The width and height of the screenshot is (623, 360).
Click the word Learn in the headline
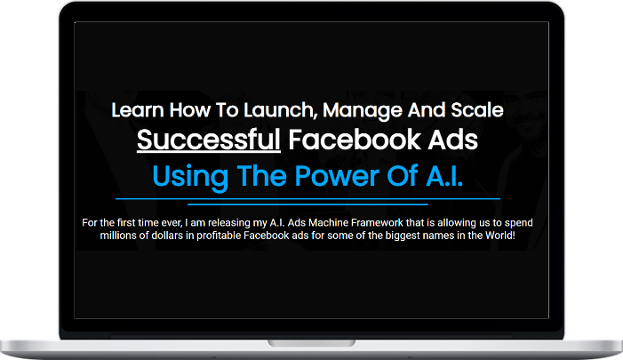[x=138, y=110]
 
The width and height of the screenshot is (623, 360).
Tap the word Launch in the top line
[x=281, y=110]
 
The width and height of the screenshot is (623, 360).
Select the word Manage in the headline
[x=363, y=111]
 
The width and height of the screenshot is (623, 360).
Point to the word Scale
[x=476, y=110]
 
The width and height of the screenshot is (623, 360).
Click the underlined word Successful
[x=209, y=140]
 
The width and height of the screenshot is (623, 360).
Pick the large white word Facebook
[x=355, y=140]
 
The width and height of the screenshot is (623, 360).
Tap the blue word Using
[x=190, y=176]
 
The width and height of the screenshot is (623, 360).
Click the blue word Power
[x=337, y=175]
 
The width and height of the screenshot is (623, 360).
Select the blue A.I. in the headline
[x=444, y=175]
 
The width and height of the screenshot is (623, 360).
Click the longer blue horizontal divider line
[x=308, y=199]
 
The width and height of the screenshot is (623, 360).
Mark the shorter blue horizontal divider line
[x=308, y=204]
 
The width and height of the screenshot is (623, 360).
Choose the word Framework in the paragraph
[x=377, y=222]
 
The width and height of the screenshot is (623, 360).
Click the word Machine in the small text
[x=329, y=222]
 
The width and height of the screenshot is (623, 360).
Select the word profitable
[x=219, y=236]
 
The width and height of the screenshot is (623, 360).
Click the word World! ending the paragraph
[x=500, y=236]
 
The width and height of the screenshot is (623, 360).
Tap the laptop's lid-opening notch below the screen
[x=311, y=343]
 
